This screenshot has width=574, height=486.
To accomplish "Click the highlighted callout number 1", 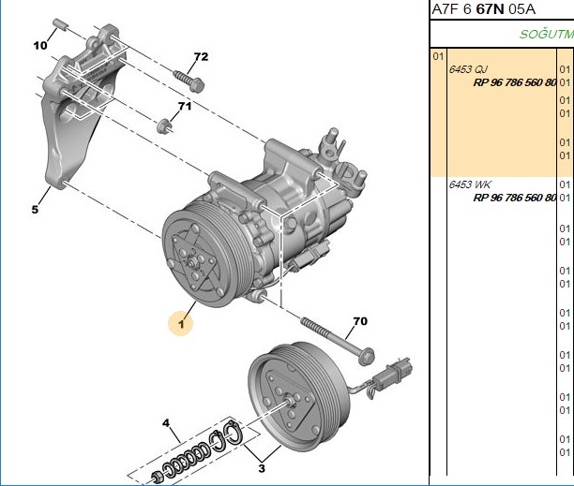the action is coord(181,323).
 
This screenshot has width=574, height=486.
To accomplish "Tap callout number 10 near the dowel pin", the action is coord(40,45).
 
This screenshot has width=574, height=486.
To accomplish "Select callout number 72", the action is coord(201,56).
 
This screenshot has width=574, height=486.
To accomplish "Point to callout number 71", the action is coord(185,106).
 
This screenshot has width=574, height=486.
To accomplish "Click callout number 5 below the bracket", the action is coord(35,210).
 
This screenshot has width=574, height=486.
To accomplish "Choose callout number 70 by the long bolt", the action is coord(360,321).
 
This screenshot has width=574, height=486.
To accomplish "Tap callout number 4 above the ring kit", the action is coord(166,423).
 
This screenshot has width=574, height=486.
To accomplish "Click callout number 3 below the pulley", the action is coord(262,468).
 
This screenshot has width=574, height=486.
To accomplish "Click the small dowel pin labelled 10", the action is coord(60,24).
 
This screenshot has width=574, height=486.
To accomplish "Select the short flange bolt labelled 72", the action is coord(189,81).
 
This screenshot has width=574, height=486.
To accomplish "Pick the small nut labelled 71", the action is coord(164,125).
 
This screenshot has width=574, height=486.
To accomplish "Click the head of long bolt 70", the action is coord(367,357).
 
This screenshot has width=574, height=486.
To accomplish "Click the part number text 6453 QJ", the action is coord(468,69).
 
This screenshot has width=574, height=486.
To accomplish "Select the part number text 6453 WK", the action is coord(470,184).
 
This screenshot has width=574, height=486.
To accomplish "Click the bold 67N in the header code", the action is coord(491,9).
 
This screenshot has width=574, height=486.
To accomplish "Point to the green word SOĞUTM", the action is coord(547,34).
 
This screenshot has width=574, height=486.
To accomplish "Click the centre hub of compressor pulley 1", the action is coord(191,262).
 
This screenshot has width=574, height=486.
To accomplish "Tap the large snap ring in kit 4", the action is coord(233,433).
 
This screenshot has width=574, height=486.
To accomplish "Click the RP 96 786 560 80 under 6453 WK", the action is coord(515,198).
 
